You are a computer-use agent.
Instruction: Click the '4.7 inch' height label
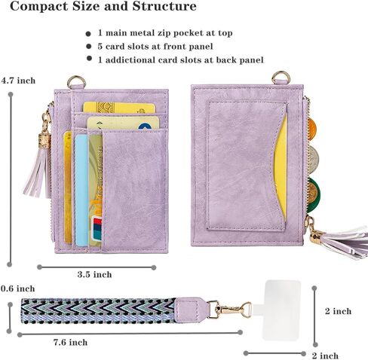[x=18, y=81]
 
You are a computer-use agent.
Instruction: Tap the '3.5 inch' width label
[x=94, y=274]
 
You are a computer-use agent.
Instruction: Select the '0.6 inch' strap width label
[x=17, y=288]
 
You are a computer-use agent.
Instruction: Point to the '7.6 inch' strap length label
[x=70, y=342]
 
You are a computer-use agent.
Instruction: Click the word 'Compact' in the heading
[x=39, y=7]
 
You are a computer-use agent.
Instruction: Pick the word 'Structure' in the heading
[x=164, y=6]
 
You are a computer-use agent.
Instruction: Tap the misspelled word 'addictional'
[x=130, y=60]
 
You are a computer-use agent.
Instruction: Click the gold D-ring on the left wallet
[x=77, y=82]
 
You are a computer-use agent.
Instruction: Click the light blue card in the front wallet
[x=81, y=190]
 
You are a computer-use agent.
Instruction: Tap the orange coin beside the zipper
[x=311, y=127]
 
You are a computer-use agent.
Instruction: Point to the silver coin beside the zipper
[x=313, y=159]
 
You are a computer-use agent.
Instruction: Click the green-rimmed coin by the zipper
[x=313, y=195]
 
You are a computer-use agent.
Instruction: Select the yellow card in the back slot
[x=281, y=166]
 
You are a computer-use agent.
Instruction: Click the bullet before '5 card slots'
[x=88, y=46]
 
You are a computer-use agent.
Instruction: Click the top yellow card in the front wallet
[x=118, y=108]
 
